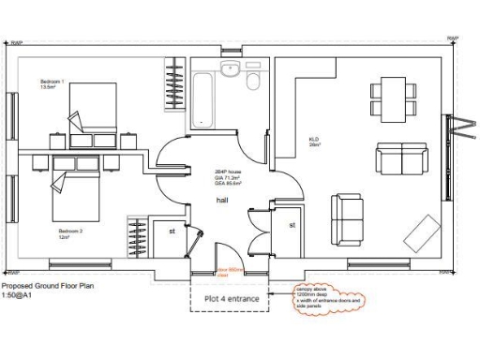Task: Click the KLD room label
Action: coord(314,141)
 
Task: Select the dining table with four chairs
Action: coord(391,96)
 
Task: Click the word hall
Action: coord(223,200)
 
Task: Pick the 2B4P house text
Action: coord(228,171)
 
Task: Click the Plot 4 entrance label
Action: coord(230,299)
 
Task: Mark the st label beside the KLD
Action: coord(292,226)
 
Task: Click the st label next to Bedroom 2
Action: coord(172,230)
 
